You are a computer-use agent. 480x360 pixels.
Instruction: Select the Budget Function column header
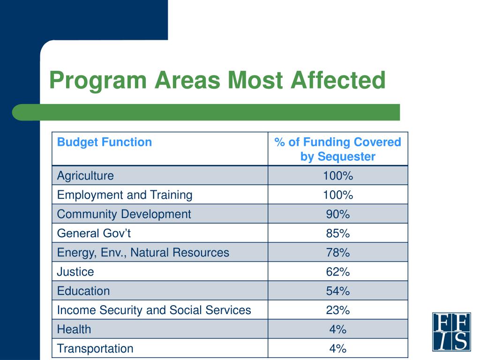click(x=105, y=142)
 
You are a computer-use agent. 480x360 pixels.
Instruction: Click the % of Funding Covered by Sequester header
click(x=337, y=149)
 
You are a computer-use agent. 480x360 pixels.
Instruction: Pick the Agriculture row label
click(x=85, y=176)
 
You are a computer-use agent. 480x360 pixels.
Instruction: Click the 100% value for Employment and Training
click(x=337, y=195)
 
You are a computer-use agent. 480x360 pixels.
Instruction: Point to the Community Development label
click(x=124, y=214)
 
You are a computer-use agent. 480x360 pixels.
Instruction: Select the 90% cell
click(x=337, y=214)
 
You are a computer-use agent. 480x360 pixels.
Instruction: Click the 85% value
click(x=337, y=233)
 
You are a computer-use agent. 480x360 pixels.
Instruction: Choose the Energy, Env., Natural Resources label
click(x=143, y=253)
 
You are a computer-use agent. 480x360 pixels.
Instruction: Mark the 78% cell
click(x=337, y=253)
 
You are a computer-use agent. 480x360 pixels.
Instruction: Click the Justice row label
click(x=75, y=272)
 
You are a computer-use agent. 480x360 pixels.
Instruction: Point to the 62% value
click(x=337, y=272)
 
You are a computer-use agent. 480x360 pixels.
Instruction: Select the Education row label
click(x=83, y=291)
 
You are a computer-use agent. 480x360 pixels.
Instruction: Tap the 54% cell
click(x=337, y=291)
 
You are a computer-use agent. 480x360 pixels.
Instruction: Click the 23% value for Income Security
click(x=337, y=310)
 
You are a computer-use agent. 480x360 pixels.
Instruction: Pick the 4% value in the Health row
click(x=337, y=330)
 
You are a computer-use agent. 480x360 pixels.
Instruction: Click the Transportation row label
click(x=95, y=349)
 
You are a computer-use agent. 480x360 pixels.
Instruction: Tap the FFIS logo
click(x=451, y=331)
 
